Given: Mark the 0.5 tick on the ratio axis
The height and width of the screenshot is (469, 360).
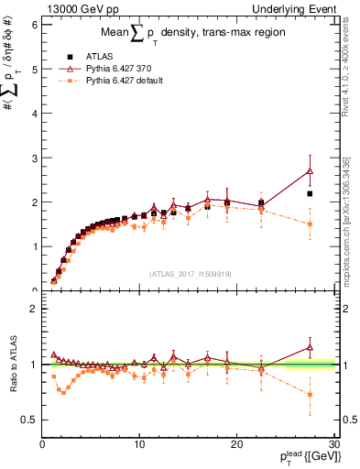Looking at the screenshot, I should pos(28,420).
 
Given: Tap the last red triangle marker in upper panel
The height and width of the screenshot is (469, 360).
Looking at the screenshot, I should pos(310,170).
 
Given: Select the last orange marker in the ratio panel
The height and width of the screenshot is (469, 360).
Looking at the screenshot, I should pos(310,395).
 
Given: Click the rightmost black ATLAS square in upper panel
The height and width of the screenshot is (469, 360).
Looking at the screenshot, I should pos(310,193).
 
